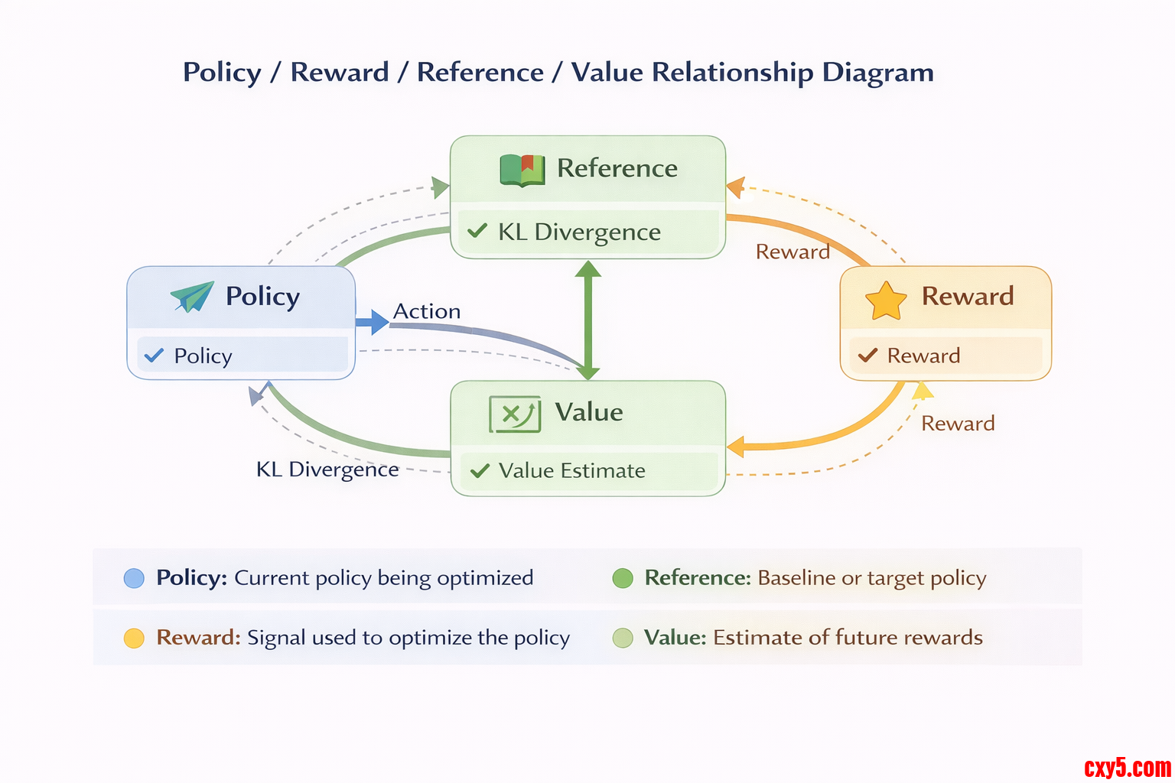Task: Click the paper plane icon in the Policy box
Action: tap(192, 297)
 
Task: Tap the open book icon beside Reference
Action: tap(522, 169)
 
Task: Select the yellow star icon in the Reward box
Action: tap(886, 301)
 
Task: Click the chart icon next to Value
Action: tap(515, 414)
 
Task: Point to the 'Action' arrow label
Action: tap(427, 311)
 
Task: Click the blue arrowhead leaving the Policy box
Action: tap(374, 322)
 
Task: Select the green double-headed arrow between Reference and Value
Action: tap(587, 320)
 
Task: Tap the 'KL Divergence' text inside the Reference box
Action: tap(579, 232)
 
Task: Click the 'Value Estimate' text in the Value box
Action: tap(571, 470)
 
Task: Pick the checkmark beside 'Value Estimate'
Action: tap(480, 470)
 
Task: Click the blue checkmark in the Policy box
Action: tap(154, 355)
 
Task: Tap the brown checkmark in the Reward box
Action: tap(867, 355)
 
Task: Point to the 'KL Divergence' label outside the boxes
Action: tap(327, 469)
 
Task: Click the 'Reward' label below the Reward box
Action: tap(958, 424)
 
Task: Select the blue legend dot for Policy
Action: tap(134, 578)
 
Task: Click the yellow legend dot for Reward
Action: tap(134, 638)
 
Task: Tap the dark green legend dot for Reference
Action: tap(623, 578)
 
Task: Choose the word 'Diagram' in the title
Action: tap(877, 72)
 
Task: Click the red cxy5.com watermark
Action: tap(1127, 766)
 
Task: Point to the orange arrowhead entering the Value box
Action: tap(735, 447)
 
